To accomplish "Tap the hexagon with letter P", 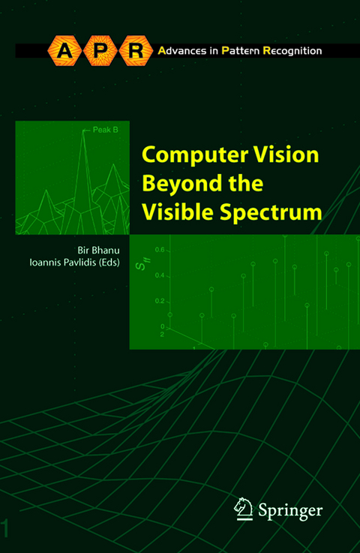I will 97,51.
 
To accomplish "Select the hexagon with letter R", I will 135,51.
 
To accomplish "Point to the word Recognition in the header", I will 292,51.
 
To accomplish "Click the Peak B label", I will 106,129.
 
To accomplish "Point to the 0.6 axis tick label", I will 160,249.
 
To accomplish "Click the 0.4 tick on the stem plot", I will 160,275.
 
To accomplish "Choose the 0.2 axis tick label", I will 160,301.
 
